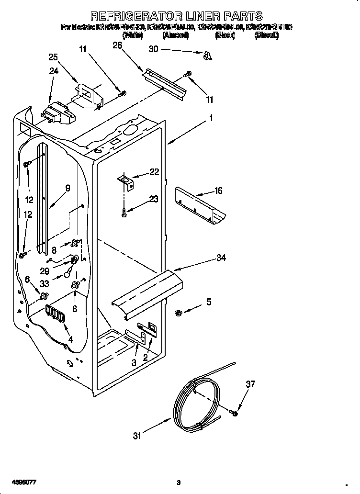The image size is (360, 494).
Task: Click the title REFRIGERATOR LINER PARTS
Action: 176,16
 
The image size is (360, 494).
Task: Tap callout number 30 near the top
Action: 153,49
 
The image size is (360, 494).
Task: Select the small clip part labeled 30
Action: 207,56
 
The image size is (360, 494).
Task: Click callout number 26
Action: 117,45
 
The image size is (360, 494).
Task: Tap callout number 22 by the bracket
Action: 154,172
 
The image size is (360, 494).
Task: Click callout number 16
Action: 218,191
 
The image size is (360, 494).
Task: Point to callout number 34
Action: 221,258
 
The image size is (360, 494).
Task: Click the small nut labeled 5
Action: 178,314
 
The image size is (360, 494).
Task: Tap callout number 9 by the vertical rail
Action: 68,188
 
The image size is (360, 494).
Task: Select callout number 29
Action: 45,270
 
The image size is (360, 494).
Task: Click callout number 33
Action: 45,283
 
